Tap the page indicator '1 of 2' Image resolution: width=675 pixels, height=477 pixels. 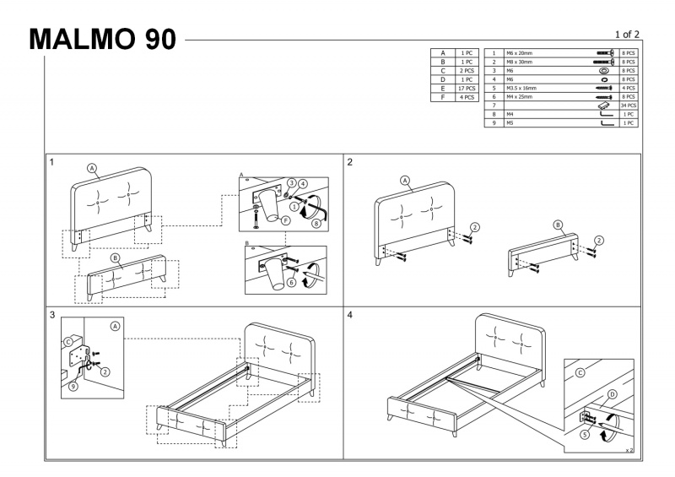click(x=628, y=34)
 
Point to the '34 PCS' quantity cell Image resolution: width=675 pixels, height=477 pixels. click(x=628, y=106)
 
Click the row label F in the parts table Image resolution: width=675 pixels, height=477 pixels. click(x=442, y=97)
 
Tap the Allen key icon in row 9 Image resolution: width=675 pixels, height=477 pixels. click(x=602, y=123)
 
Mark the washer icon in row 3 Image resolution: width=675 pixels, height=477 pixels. click(x=603, y=71)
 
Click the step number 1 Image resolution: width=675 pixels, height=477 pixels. click(x=52, y=161)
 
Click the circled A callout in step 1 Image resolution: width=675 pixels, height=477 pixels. click(x=93, y=167)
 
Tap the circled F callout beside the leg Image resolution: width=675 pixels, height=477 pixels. click(x=285, y=220)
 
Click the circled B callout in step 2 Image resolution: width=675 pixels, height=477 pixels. click(x=558, y=225)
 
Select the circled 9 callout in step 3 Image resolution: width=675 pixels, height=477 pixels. click(x=74, y=387)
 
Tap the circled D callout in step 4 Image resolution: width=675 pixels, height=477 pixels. click(x=613, y=393)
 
